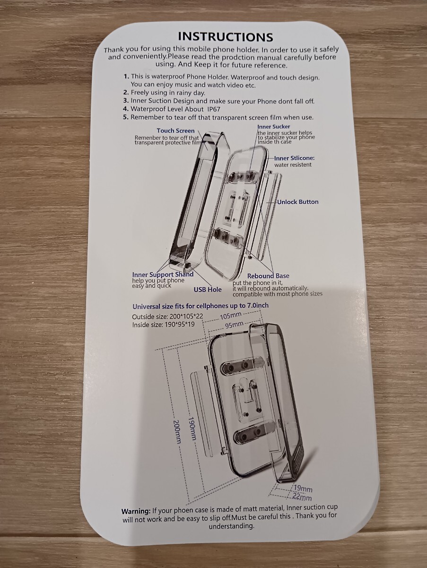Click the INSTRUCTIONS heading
click(226, 36)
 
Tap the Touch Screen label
click(175, 131)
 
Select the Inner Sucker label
click(274, 126)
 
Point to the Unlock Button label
click(298, 202)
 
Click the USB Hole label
click(208, 289)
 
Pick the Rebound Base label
click(268, 276)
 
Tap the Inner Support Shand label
click(163, 274)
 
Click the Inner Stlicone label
click(295, 158)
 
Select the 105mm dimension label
click(231, 316)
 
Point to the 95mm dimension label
click(234, 325)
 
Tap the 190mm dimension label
click(192, 428)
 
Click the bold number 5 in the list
click(126, 117)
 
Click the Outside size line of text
click(167, 316)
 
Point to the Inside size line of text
click(163, 325)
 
